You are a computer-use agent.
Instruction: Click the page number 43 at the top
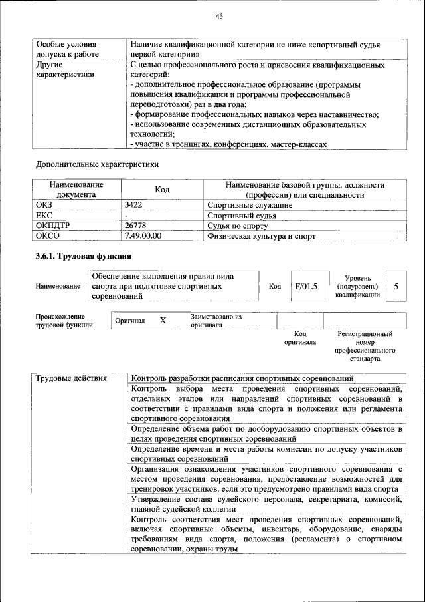coord(219,16)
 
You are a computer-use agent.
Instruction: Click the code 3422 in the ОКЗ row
coord(134,206)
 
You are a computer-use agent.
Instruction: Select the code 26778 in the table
coord(135,226)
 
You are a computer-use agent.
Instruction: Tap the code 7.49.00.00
coord(143,235)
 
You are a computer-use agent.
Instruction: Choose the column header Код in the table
coord(162,190)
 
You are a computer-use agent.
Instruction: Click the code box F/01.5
coord(306,287)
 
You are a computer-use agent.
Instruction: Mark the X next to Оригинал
coord(162,321)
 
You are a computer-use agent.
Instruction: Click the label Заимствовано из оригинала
coord(216,321)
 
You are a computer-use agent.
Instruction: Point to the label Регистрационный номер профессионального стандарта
coord(365,346)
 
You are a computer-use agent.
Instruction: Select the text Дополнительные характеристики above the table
coord(97,164)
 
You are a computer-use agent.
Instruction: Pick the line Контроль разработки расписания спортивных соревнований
coord(242,378)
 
